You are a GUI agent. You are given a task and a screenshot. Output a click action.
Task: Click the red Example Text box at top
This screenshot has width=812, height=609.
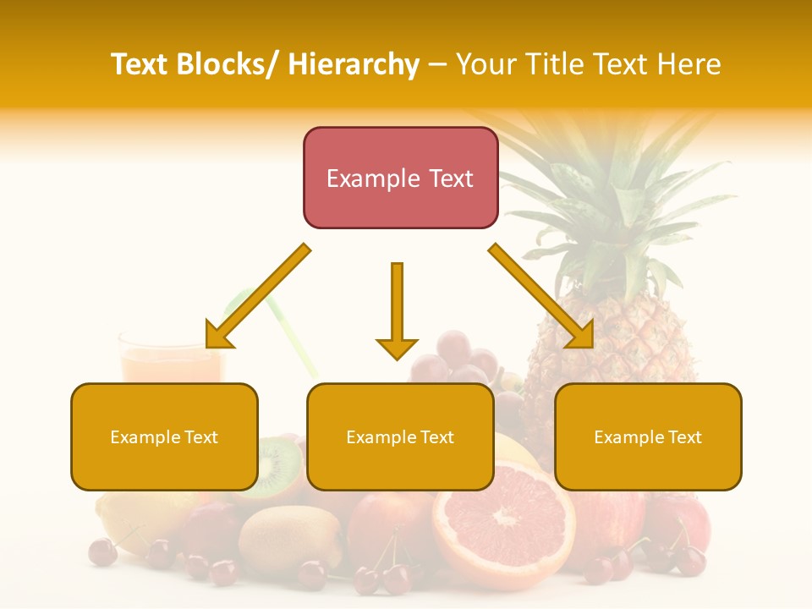pos(400,178)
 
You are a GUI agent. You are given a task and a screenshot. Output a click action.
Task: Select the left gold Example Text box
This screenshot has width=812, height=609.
pos(164,436)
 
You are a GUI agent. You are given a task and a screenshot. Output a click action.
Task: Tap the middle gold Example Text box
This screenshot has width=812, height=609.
pos(400,436)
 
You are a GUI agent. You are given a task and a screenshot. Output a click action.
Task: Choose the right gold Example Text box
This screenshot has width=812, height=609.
pos(648,436)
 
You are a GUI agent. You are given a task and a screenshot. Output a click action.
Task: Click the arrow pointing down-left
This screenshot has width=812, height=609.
pos(255,298)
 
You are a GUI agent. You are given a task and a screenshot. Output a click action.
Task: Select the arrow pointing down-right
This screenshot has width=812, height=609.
pos(541,296)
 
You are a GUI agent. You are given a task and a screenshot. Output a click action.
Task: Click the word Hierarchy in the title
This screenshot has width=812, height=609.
pos(353,64)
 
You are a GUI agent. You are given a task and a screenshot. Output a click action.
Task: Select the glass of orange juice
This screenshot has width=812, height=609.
pos(169,359)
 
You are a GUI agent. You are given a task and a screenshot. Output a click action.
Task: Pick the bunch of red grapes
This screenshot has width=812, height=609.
pos(453,359)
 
